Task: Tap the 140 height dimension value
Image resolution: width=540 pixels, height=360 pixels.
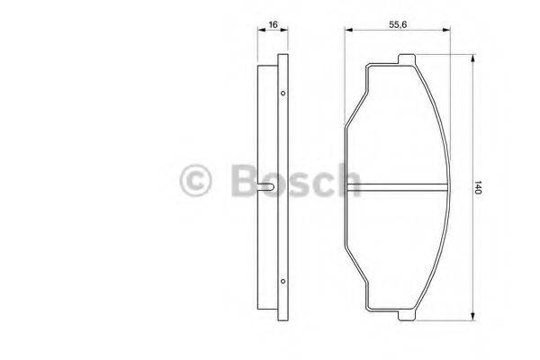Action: click(480, 188)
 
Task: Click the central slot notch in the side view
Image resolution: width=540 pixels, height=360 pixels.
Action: click(272, 187)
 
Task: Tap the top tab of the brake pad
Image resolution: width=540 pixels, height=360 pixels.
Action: click(407, 60)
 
